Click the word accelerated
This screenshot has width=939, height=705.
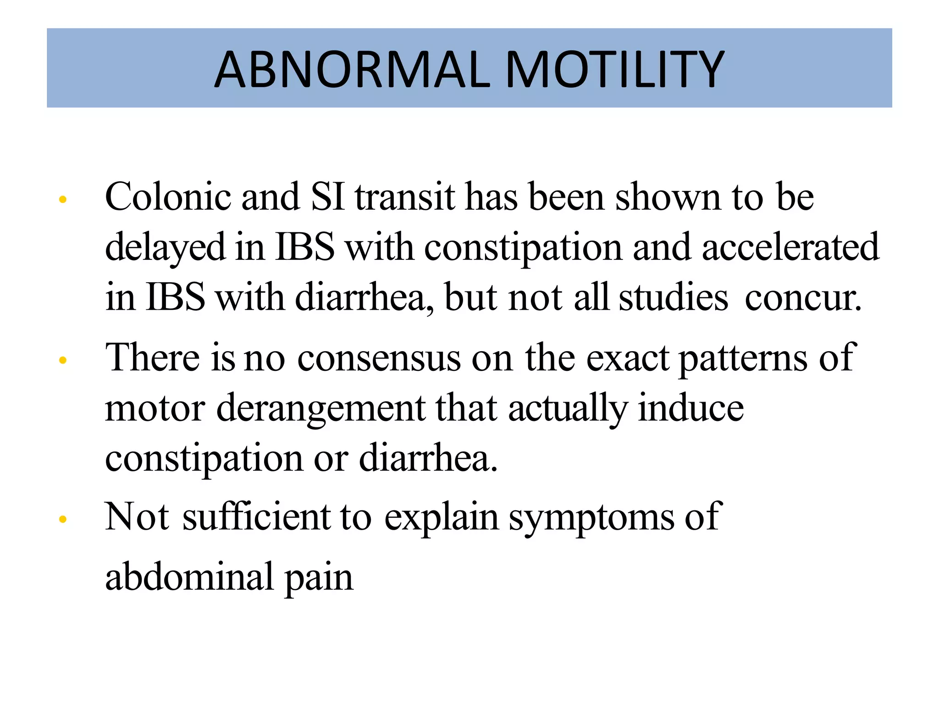(790, 247)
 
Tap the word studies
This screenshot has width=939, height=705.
(673, 297)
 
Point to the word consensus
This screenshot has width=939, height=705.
(379, 358)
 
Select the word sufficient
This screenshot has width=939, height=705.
(256, 517)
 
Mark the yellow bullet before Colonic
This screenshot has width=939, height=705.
(63, 200)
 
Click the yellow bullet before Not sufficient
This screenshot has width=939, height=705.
(63, 520)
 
